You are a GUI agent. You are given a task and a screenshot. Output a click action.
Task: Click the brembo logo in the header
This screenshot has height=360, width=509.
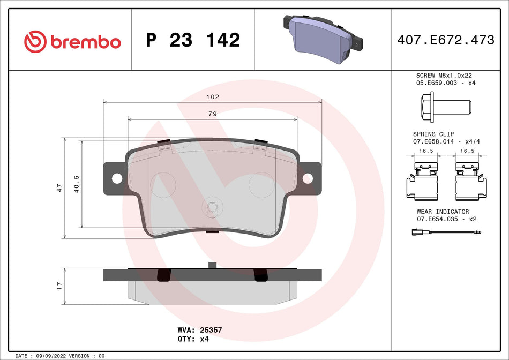(72, 41)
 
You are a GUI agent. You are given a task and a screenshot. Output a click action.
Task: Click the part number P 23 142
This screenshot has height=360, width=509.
(193, 40)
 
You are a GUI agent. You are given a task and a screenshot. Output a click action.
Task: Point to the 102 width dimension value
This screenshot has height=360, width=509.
(213, 97)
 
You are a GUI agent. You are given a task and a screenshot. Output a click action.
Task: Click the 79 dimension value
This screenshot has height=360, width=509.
(213, 114)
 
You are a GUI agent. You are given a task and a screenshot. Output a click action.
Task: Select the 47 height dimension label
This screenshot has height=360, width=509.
(59, 188)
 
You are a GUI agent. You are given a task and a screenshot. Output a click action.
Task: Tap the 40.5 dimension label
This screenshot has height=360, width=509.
(77, 184)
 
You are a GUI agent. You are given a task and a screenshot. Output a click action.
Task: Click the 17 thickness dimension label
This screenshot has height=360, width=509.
(59, 286)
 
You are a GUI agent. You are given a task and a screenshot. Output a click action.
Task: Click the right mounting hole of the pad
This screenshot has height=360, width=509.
(308, 178)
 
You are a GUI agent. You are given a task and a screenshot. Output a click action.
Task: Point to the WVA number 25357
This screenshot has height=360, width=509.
(211, 331)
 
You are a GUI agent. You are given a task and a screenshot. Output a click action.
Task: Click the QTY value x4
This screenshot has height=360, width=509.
(204, 339)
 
